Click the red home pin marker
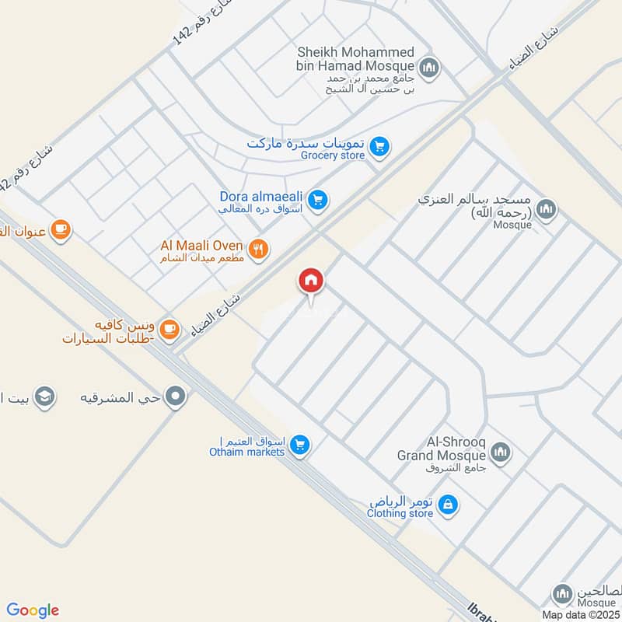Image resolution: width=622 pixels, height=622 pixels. point(311,281)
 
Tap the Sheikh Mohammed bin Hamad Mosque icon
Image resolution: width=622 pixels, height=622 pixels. point(429,68)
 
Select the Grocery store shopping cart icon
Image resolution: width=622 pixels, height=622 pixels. point(379,146)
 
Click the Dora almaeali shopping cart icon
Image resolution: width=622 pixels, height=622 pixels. point(316,201)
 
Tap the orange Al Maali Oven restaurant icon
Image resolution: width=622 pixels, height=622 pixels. point(260,249)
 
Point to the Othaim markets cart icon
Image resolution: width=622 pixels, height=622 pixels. point(300,446)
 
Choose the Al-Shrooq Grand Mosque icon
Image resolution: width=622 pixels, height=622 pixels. point(500,452)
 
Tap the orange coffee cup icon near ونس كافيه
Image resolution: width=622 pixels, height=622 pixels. point(173,330)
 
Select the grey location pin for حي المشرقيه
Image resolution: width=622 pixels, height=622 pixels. point(177,397)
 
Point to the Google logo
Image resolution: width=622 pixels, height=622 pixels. point(33,610)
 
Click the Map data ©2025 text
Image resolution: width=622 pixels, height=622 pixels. point(579,615)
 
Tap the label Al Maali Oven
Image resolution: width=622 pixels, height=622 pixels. point(202,246)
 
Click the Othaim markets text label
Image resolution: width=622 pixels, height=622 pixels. point(247,452)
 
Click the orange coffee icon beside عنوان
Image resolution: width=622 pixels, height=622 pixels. point(60,229)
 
